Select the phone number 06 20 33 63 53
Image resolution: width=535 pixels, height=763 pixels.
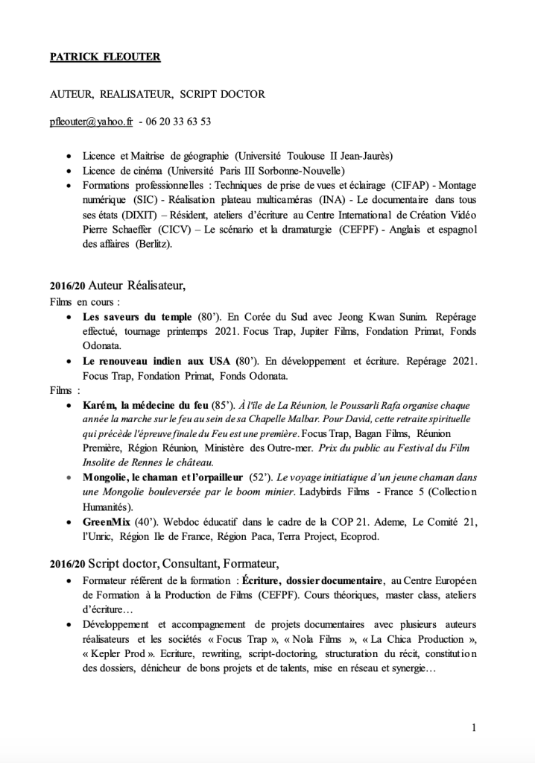pos(179,121)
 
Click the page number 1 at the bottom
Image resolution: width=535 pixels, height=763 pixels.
pos(474,727)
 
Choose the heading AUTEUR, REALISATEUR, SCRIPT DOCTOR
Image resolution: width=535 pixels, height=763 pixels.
pos(157,95)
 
